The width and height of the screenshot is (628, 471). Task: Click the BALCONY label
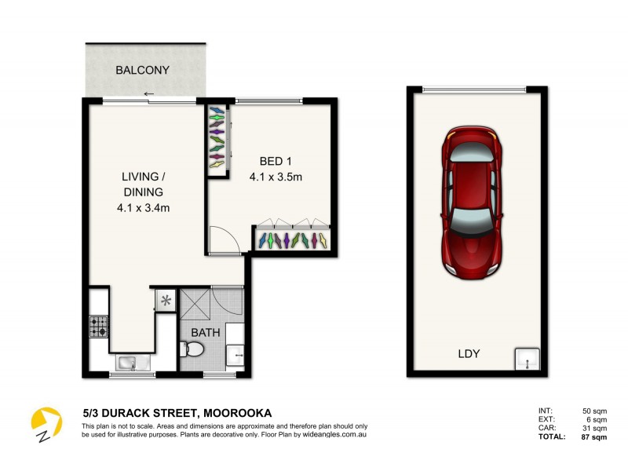coord(142,70)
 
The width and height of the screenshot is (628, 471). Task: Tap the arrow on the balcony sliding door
coord(149,94)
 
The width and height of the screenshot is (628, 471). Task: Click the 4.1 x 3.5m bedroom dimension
coord(276,177)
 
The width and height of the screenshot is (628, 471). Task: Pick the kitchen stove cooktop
coord(99,326)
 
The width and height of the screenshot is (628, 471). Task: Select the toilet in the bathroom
coord(192,352)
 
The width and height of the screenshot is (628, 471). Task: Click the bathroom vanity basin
coord(235,354)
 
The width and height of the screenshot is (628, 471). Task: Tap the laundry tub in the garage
coord(527,360)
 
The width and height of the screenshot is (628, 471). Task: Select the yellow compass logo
coord(46,424)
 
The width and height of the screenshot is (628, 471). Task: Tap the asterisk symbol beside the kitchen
coord(166,301)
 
